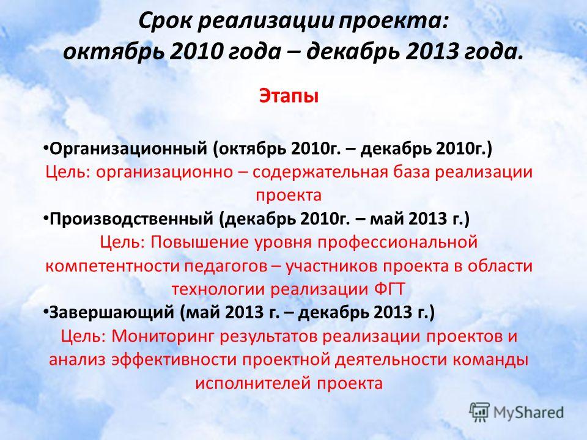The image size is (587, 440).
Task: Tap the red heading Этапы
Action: click(x=289, y=96)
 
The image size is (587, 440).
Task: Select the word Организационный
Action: click(x=128, y=149)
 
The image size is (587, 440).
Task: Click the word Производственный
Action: click(x=131, y=219)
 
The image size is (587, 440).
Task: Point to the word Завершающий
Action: click(x=112, y=312)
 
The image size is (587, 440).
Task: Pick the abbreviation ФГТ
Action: click(x=389, y=289)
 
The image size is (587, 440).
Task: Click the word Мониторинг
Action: click(x=163, y=336)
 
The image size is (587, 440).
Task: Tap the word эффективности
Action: click(x=174, y=360)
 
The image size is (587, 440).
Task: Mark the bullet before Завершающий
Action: click(x=45, y=311)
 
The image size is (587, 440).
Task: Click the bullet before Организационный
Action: click(x=45, y=148)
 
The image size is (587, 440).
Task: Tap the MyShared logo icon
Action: click(x=479, y=413)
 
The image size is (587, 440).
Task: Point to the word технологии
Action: click(x=218, y=290)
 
